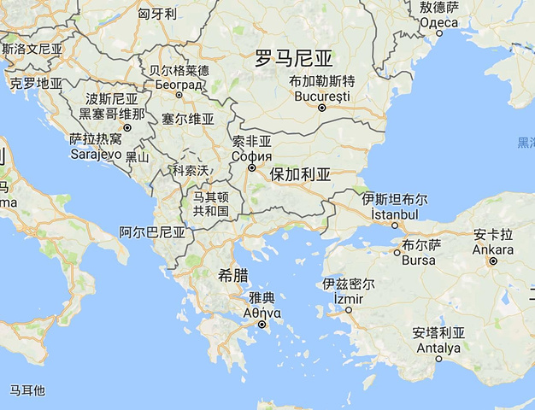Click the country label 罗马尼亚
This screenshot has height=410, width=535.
tap(294, 58)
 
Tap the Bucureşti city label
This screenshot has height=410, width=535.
tap(321, 96)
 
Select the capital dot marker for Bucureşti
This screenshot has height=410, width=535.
tap(322, 108)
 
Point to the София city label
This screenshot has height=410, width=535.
tap(252, 155)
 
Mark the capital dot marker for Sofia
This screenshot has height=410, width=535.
tap(251, 168)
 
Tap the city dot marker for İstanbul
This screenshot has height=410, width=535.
tap(395, 226)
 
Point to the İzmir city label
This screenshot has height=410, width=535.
tap(348, 298)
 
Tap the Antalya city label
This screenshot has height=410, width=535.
tap(438, 347)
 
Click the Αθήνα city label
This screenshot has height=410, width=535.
tap(262, 313)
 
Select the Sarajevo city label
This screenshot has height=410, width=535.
tap(95, 153)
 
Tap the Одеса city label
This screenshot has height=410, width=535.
tap(439, 20)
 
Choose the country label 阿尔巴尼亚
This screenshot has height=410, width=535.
tap(152, 231)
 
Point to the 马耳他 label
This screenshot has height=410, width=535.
tap(27, 390)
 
